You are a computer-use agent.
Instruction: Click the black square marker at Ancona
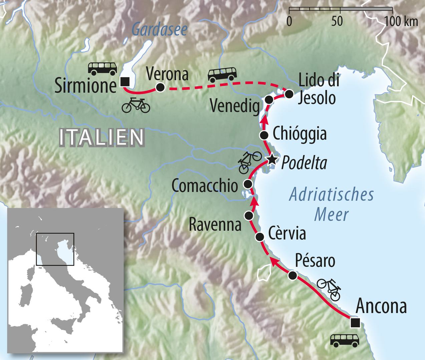coord(355,322)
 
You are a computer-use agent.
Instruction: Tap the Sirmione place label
coord(85,86)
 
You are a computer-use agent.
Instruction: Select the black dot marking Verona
coord(160,87)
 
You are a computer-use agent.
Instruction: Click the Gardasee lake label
coord(159,30)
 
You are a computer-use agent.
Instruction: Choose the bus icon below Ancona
coord(345,340)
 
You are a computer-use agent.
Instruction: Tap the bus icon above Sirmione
coord(102,68)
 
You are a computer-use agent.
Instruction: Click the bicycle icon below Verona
coord(136,105)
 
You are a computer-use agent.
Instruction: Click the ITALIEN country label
coord(102,137)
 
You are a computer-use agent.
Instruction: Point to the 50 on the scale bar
coord(337,22)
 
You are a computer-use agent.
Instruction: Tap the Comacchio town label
coord(204,186)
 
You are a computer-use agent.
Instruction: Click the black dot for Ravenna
coord(248,215)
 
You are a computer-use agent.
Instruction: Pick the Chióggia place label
coord(299,134)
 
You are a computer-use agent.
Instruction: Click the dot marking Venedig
coord(269,99)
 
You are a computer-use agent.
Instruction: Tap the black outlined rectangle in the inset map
coord(55,249)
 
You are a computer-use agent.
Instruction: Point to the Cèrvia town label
coord(287,234)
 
